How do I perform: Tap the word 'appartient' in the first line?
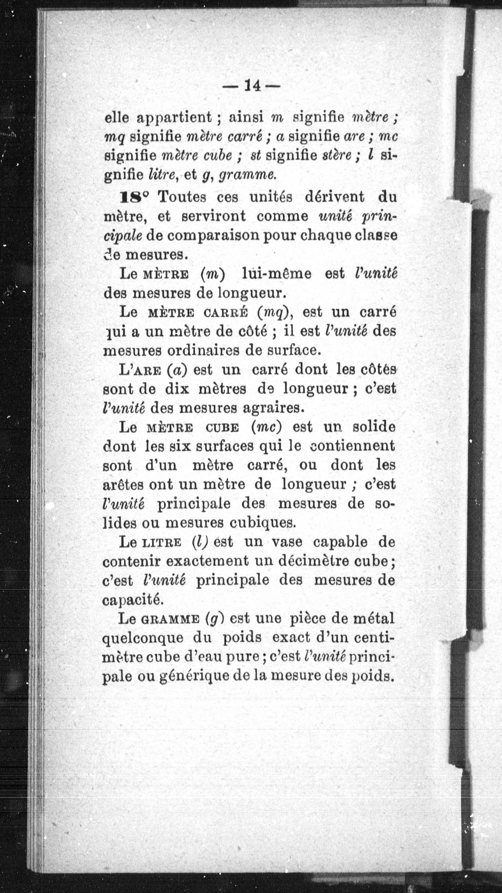(174, 118)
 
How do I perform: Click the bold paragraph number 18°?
(134, 197)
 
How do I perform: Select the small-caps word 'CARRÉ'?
(226, 313)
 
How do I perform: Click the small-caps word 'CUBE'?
(222, 427)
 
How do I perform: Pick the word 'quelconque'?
(142, 638)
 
